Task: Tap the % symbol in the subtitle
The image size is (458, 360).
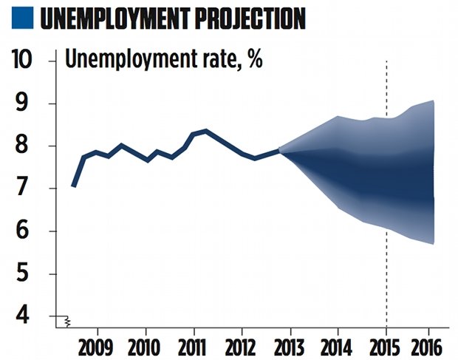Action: tap(255, 59)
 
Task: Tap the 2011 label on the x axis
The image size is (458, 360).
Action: tap(194, 346)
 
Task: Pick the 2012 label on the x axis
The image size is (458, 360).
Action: tap(242, 346)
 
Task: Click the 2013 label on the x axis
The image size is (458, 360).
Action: tap(290, 346)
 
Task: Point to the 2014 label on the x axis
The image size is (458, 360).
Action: tap(338, 346)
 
